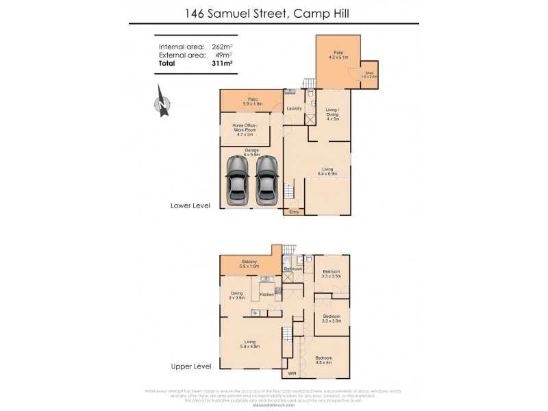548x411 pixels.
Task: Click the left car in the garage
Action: tap(238, 179)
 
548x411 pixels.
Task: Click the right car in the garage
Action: tap(266, 179)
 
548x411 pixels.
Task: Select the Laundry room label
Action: tap(295, 108)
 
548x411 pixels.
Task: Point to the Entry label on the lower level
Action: tap(294, 212)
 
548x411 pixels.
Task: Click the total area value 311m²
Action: tap(222, 63)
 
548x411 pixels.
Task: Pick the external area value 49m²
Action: tap(224, 55)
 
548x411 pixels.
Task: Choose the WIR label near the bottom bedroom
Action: tap(292, 374)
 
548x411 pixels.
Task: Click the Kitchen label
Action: tap(267, 294)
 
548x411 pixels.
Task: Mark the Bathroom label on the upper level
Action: tap(293, 269)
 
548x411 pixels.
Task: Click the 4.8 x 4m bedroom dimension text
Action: tap(324, 362)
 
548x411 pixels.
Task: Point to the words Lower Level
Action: tap(190, 205)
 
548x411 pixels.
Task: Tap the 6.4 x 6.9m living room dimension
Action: tap(327, 173)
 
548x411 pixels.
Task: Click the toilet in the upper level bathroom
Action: tap(310, 260)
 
